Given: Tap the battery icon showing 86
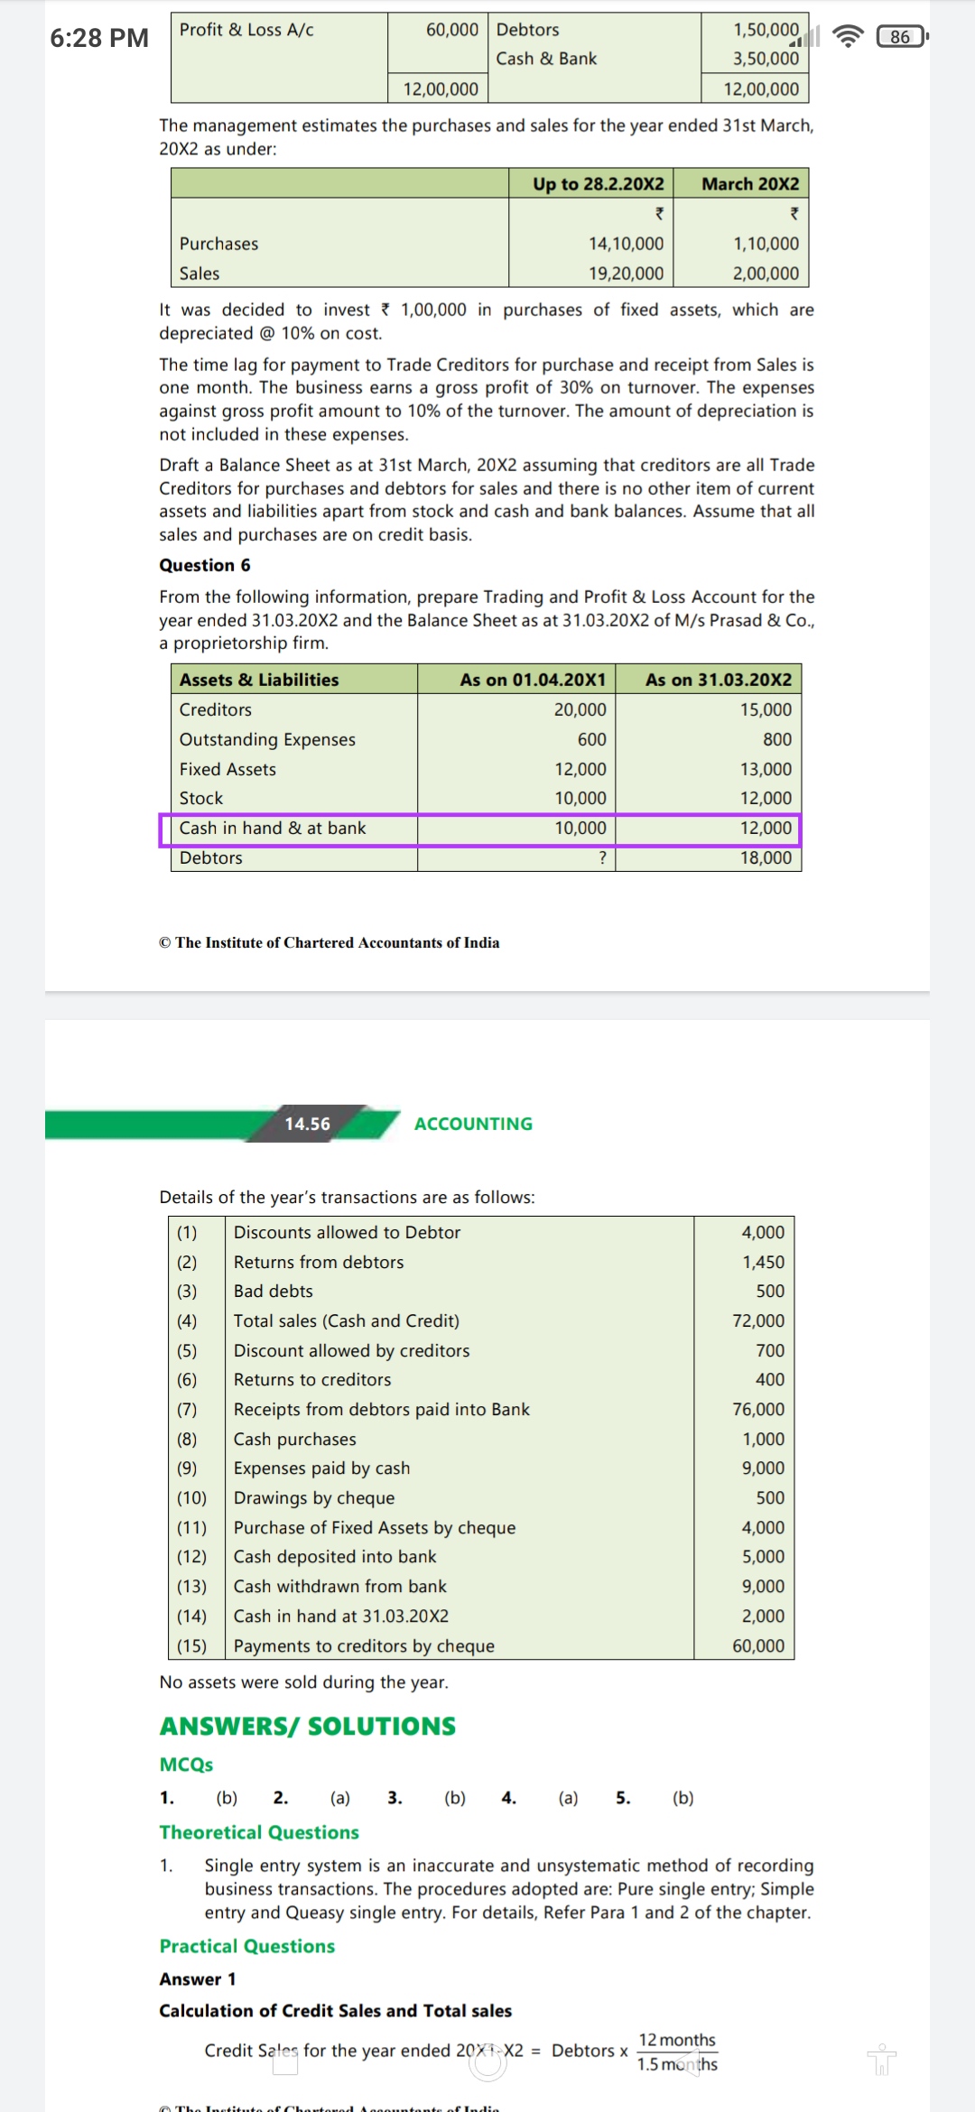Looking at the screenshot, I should click(x=901, y=37).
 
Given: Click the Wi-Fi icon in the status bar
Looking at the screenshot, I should click(x=847, y=37).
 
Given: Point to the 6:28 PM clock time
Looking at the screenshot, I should click(x=99, y=38).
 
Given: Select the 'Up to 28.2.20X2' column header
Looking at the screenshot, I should click(x=598, y=184).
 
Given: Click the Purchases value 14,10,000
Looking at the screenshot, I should click(x=626, y=244).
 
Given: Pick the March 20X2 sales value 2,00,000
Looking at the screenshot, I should click(x=766, y=273).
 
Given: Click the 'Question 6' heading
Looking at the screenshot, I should click(x=205, y=565).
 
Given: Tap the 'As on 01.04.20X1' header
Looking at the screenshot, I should click(x=533, y=680).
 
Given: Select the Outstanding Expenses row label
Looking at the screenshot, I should click(x=267, y=739).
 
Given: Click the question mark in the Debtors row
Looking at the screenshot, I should click(x=602, y=857).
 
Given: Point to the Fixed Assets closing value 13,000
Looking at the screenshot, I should click(x=766, y=769).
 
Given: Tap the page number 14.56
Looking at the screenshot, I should click(x=308, y=1124).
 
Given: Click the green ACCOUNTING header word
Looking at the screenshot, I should click(x=473, y=1124).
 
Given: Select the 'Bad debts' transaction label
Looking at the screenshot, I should click(x=274, y=1291).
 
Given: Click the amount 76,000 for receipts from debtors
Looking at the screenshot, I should click(x=758, y=1409).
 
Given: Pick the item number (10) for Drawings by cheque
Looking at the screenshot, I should click(x=191, y=1497).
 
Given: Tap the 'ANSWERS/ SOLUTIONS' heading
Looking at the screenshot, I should click(x=308, y=1726).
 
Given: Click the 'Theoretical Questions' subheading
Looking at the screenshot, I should click(x=259, y=1832).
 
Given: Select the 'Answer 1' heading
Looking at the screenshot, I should click(x=198, y=1978).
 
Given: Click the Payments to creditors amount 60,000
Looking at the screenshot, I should click(x=758, y=1645).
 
